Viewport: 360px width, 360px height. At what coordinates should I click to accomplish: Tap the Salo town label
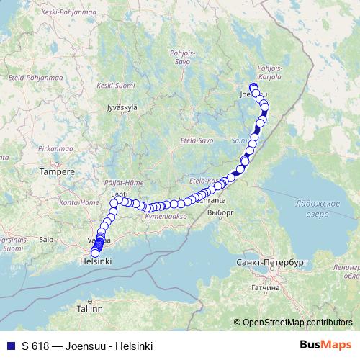[x=46, y=238]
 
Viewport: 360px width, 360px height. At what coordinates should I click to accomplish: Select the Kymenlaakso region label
[x=166, y=215]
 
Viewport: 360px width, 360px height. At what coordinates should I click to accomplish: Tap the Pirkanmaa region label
[x=53, y=148]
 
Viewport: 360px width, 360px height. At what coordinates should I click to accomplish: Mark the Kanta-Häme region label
[x=78, y=203]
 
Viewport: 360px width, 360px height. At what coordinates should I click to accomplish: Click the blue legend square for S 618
[x=10, y=346]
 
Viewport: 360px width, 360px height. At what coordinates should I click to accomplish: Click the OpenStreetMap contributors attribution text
[x=297, y=322]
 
